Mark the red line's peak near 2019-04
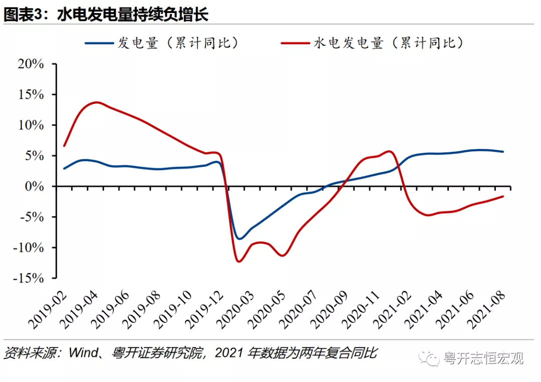click(x=97, y=102)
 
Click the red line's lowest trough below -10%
click(x=238, y=261)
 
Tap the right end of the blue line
click(x=503, y=151)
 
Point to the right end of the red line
click(x=503, y=196)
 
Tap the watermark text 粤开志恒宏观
click(x=483, y=358)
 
